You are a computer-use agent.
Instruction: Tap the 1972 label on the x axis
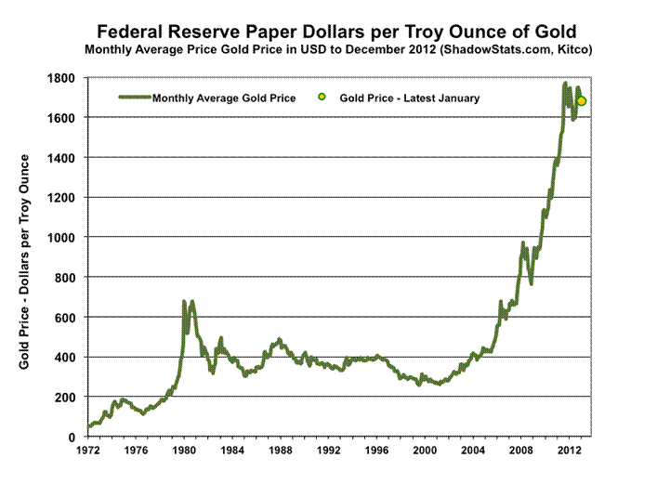click(88, 452)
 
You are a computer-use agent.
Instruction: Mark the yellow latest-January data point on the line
click(582, 101)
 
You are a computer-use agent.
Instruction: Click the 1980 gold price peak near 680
click(184, 302)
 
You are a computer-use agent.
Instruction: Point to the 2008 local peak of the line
click(523, 243)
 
